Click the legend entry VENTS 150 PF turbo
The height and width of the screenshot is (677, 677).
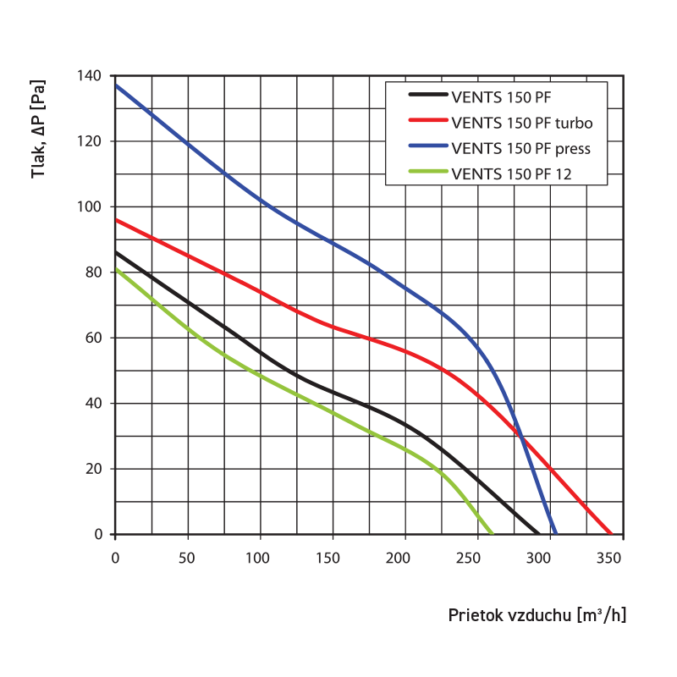pos(522,123)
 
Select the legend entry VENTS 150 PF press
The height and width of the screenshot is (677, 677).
pos(520,148)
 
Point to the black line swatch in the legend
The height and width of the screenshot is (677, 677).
pos(427,96)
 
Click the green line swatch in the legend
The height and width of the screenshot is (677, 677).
pos(427,175)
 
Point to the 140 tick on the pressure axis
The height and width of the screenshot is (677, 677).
pos(90,76)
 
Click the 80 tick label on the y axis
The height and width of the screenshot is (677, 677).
pos(93,272)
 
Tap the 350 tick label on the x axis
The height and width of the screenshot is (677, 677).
pos(610,559)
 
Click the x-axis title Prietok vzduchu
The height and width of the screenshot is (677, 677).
pos(537,615)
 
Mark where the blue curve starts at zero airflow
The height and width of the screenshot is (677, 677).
pos(116,85)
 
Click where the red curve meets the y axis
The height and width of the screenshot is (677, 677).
pos(116,220)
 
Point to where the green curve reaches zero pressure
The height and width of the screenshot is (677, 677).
pos(492,534)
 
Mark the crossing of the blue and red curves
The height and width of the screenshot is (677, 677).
pos(522,438)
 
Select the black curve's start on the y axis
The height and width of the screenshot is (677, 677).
pos(116,252)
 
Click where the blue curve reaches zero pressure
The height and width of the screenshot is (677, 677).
pos(555,534)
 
